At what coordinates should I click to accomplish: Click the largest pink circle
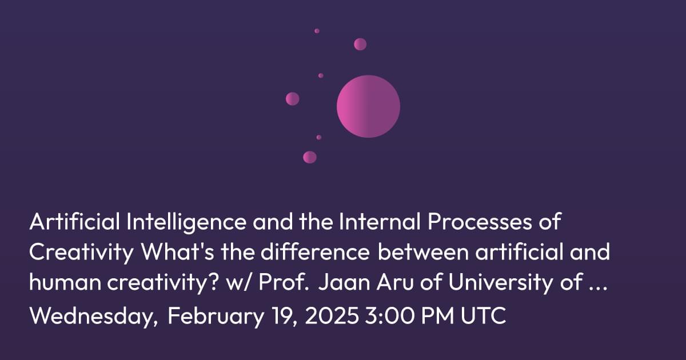point(368,106)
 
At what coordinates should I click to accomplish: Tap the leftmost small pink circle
point(293,98)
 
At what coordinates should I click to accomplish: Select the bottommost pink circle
point(310,157)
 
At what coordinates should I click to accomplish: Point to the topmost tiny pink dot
point(317,31)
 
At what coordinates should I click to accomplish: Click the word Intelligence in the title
point(186,222)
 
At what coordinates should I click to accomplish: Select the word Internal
point(380,222)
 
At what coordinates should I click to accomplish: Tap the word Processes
point(480,222)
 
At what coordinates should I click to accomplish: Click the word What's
point(177,251)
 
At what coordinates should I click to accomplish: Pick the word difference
point(316,251)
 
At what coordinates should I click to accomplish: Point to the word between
point(423,251)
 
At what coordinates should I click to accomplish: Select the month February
point(216,316)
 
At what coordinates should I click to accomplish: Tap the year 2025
point(332,315)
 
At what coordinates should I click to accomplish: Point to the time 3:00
point(389,315)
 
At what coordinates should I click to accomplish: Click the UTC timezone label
point(483,315)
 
